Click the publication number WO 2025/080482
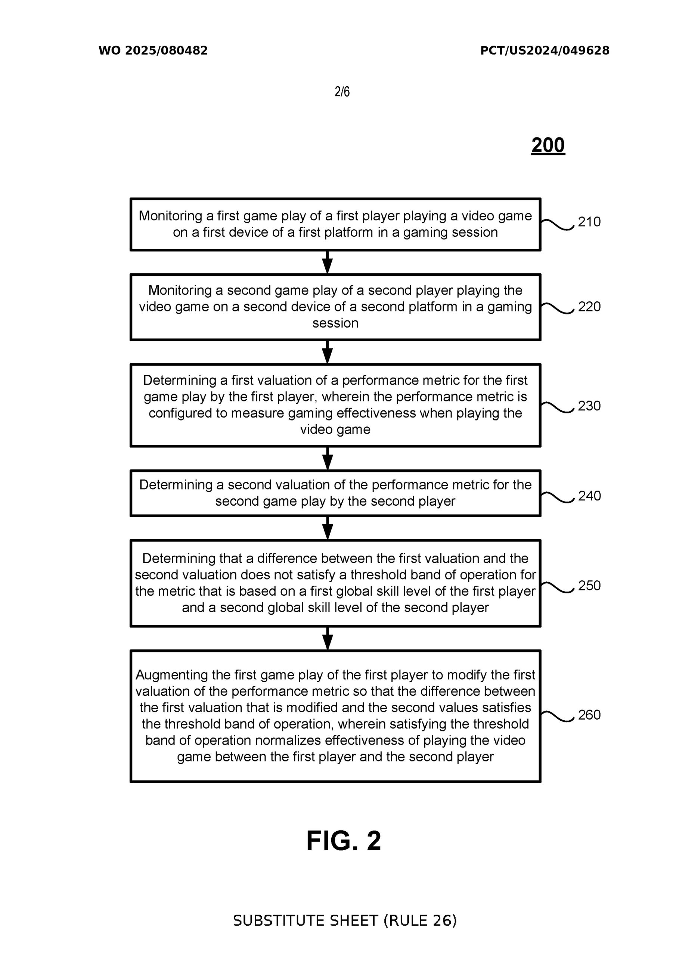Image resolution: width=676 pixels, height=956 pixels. pos(153,50)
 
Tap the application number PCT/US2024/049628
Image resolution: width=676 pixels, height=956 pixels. pos(545,50)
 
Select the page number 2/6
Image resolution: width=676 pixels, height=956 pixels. pos(342,91)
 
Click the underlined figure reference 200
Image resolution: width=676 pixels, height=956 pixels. pos(548,145)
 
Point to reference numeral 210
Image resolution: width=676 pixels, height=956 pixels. pos(589,221)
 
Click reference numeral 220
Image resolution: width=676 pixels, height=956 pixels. pos(589,307)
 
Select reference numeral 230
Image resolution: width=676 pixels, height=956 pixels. pos(589,406)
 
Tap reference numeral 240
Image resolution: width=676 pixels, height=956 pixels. pos(589,496)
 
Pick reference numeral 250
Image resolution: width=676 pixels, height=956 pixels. pos(589,586)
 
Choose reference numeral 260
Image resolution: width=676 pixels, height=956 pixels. pos(589,714)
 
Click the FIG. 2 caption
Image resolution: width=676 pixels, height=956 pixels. pos(344,841)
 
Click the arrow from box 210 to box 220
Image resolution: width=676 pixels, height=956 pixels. pos(328,262)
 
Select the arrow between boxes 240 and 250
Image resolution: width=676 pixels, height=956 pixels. pos(328,528)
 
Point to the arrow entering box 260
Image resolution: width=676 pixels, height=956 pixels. pos(328,638)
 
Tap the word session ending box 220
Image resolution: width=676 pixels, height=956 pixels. pos(335,323)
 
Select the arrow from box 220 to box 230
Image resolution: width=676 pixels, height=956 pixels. pos(328,352)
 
